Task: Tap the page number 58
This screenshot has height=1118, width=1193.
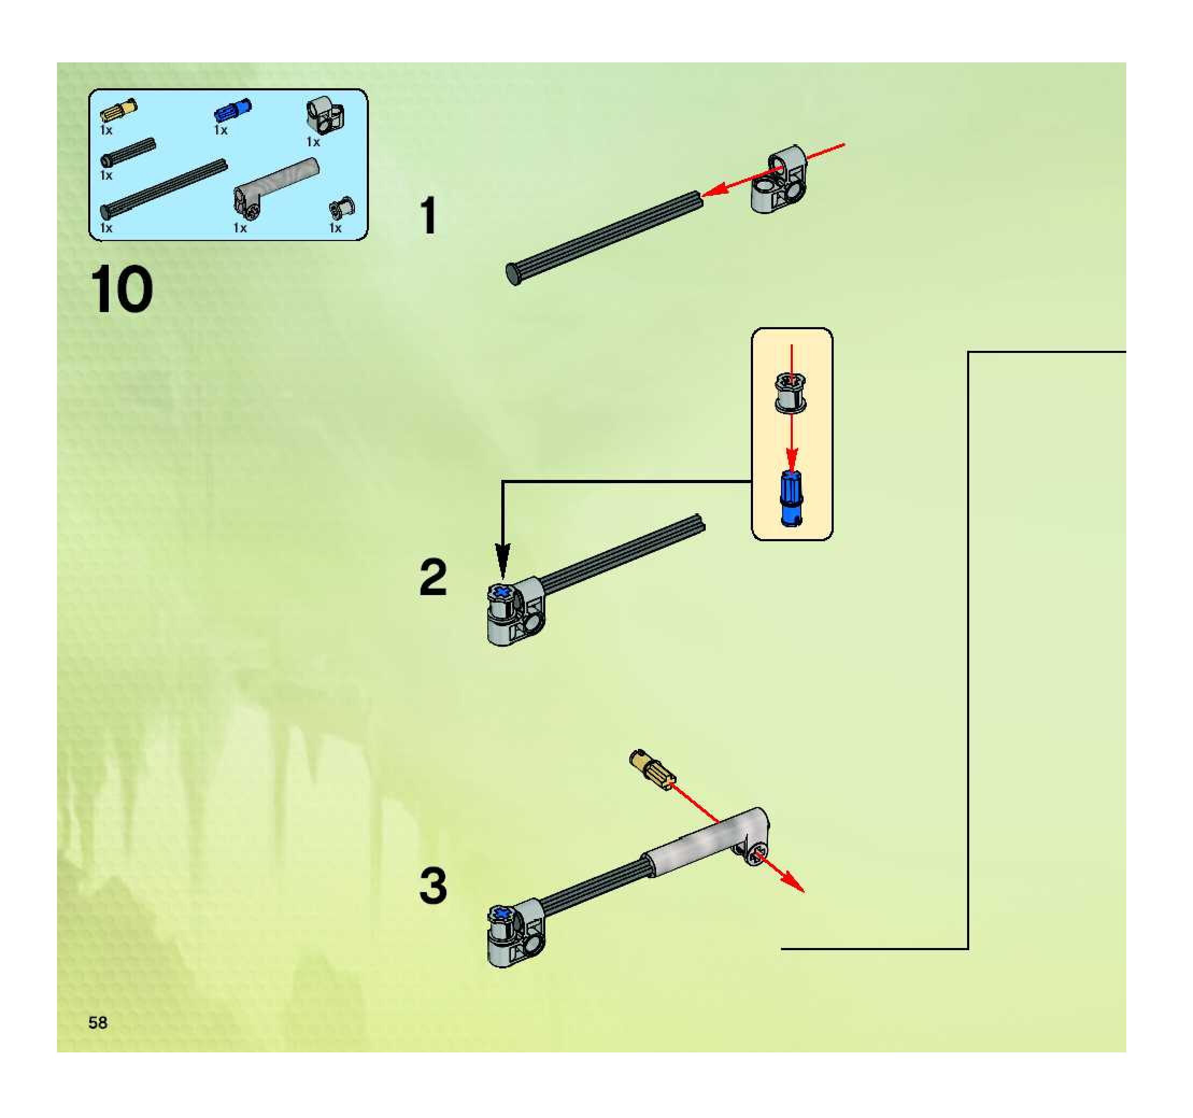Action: tap(98, 1023)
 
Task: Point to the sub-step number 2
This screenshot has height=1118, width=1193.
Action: tap(434, 577)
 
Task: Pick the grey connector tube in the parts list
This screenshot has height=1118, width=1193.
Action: tap(275, 186)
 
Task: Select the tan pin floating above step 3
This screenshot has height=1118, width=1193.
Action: tap(651, 769)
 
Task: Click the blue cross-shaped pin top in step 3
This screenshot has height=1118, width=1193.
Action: tap(502, 914)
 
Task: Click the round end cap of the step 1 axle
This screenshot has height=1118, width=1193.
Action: tap(514, 274)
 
